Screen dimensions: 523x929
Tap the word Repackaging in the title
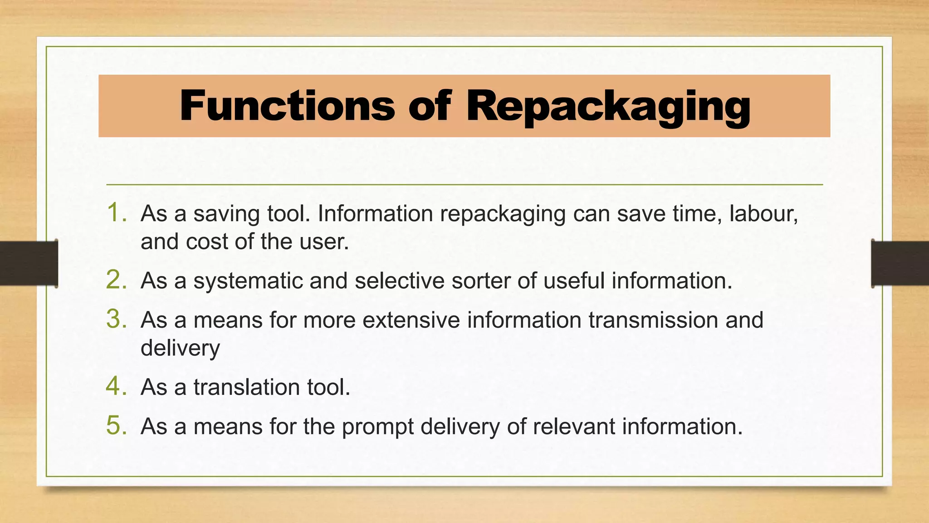tap(608, 107)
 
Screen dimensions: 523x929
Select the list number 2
tap(116, 280)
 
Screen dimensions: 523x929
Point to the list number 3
tap(116, 319)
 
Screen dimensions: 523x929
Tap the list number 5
tap(116, 426)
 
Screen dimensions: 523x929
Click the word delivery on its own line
tap(180, 349)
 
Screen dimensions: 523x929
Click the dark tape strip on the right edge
tap(900, 263)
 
